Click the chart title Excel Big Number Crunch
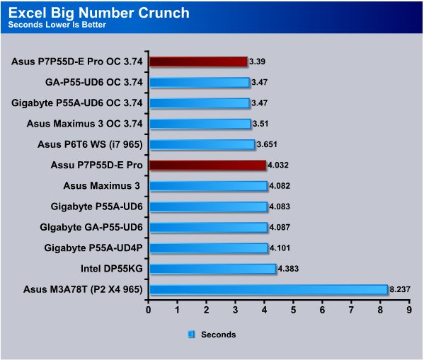pyautogui.click(x=98, y=13)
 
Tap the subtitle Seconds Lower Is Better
pyautogui.click(x=57, y=25)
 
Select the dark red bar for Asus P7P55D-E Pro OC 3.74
pyautogui.click(x=198, y=62)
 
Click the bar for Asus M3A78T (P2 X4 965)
pyautogui.click(x=268, y=289)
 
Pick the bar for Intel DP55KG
pyautogui.click(x=213, y=269)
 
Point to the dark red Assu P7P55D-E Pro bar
pyautogui.click(x=207, y=165)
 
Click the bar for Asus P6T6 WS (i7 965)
pyautogui.click(x=202, y=144)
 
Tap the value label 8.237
pyautogui.click(x=400, y=289)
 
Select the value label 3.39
pyautogui.click(x=257, y=62)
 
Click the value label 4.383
pyautogui.click(x=288, y=269)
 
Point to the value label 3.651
pyautogui.click(x=267, y=144)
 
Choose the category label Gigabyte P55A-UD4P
pyautogui.click(x=93, y=248)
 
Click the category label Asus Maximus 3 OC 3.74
pyautogui.click(x=84, y=124)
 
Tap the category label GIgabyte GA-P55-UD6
pyautogui.click(x=91, y=227)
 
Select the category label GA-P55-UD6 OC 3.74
pyautogui.click(x=94, y=82)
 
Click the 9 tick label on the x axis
pyautogui.click(x=409, y=310)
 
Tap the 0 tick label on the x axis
pyautogui.click(x=148, y=310)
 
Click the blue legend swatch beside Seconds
pyautogui.click(x=191, y=335)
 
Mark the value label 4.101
pyautogui.click(x=280, y=248)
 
